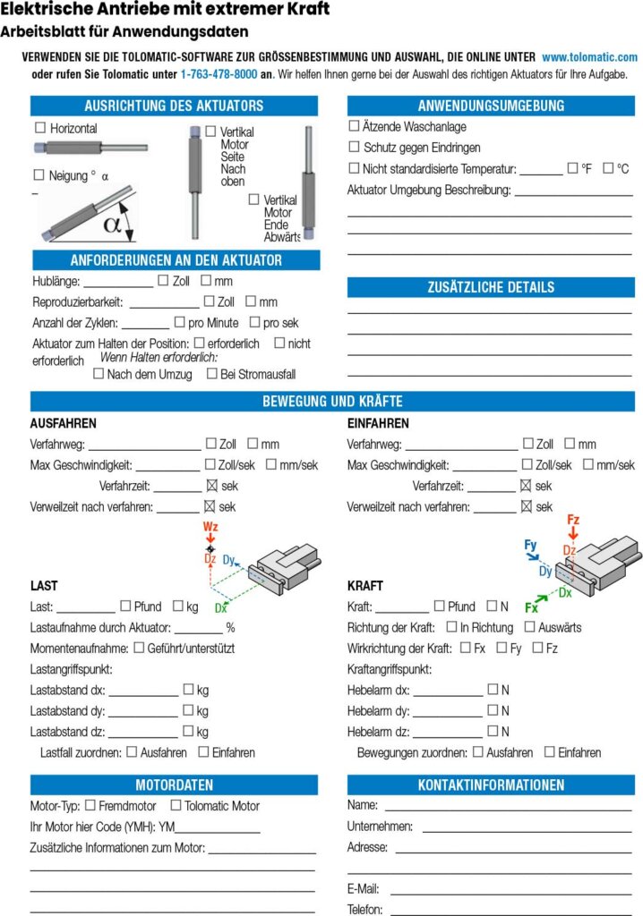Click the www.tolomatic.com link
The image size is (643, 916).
click(x=589, y=56)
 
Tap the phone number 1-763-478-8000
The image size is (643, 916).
click(x=219, y=75)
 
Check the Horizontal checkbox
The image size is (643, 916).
click(x=39, y=129)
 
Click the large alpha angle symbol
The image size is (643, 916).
click(x=111, y=224)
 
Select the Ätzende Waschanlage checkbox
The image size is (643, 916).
click(x=354, y=127)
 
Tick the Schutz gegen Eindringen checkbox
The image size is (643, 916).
click(x=354, y=148)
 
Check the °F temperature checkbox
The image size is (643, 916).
click(x=573, y=168)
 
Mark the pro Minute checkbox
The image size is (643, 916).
click(x=180, y=322)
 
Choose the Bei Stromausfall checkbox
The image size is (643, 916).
click(x=212, y=374)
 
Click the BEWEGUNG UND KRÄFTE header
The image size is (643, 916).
click(x=332, y=401)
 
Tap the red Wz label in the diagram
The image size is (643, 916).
click(x=210, y=528)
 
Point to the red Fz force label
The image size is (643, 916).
click(x=573, y=520)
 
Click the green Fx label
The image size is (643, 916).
click(x=531, y=607)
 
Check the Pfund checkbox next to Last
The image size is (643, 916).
click(x=125, y=606)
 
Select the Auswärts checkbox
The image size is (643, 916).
click(x=530, y=627)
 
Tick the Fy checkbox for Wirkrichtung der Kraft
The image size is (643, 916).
click(x=502, y=648)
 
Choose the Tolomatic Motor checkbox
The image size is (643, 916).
click(x=176, y=805)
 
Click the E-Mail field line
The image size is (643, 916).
click(x=510, y=889)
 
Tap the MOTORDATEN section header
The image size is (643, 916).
click(x=174, y=785)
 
